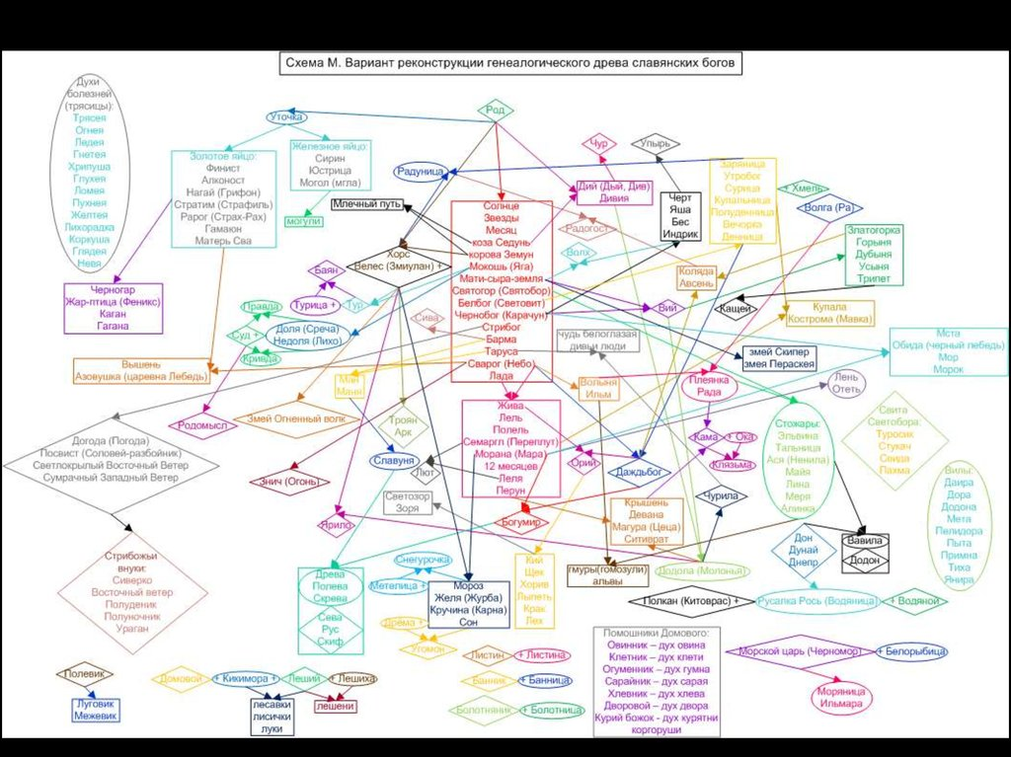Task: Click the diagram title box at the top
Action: (510, 64)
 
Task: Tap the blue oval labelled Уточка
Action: (287, 117)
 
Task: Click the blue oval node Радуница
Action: (421, 171)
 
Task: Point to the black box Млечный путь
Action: (366, 203)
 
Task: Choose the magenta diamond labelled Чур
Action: (597, 145)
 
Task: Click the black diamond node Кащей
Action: (734, 309)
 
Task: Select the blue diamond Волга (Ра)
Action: (827, 208)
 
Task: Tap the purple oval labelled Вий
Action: (666, 308)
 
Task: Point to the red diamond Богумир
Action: (520, 520)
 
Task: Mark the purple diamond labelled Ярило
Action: (336, 525)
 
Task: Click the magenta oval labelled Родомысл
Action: (202, 425)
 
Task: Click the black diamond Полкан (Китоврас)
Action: (690, 600)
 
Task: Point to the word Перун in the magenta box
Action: (509, 491)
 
